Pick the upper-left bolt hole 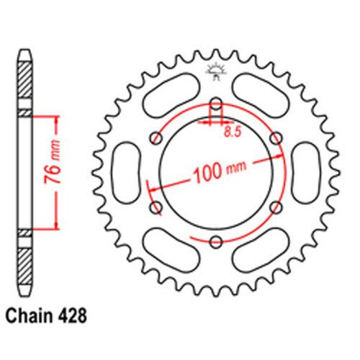click(x=153, y=138)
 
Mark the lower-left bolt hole click(x=153, y=207)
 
